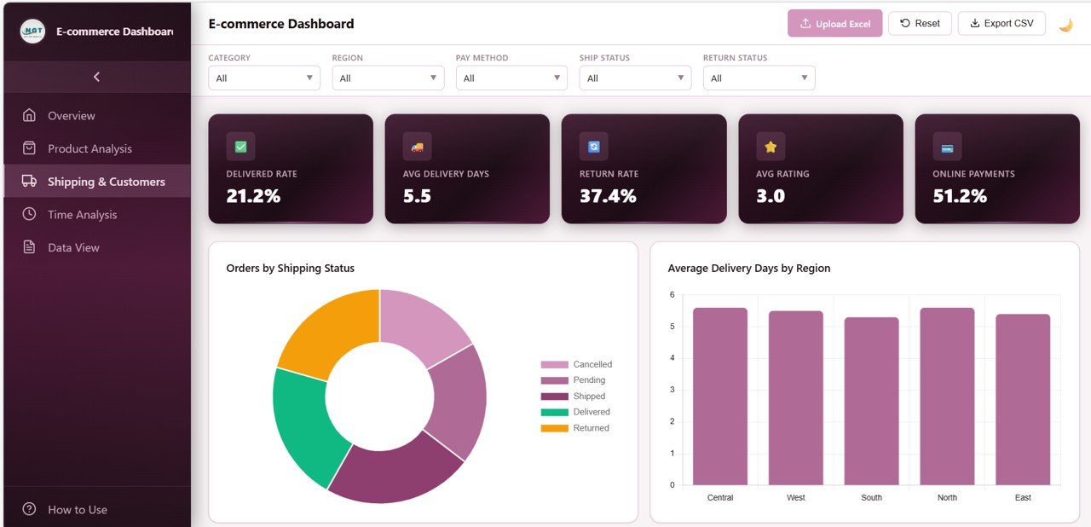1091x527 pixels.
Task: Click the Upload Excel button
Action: (834, 24)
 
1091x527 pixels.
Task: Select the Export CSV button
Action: (1001, 24)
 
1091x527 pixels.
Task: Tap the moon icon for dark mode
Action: (1065, 25)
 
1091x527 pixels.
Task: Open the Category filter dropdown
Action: (264, 78)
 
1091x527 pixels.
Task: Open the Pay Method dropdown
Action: (511, 78)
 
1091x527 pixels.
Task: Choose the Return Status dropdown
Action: (759, 78)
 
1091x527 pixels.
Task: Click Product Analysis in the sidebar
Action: (89, 148)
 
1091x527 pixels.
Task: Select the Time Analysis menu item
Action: (82, 215)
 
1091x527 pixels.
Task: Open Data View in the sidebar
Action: (73, 248)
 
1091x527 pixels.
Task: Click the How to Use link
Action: (77, 510)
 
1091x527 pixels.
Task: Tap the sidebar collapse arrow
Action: (96, 77)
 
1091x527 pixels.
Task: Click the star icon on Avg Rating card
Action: (771, 147)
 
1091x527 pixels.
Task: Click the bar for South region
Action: (871, 401)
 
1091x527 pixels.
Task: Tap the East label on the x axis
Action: (1023, 498)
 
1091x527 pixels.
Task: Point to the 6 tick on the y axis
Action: (672, 295)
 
